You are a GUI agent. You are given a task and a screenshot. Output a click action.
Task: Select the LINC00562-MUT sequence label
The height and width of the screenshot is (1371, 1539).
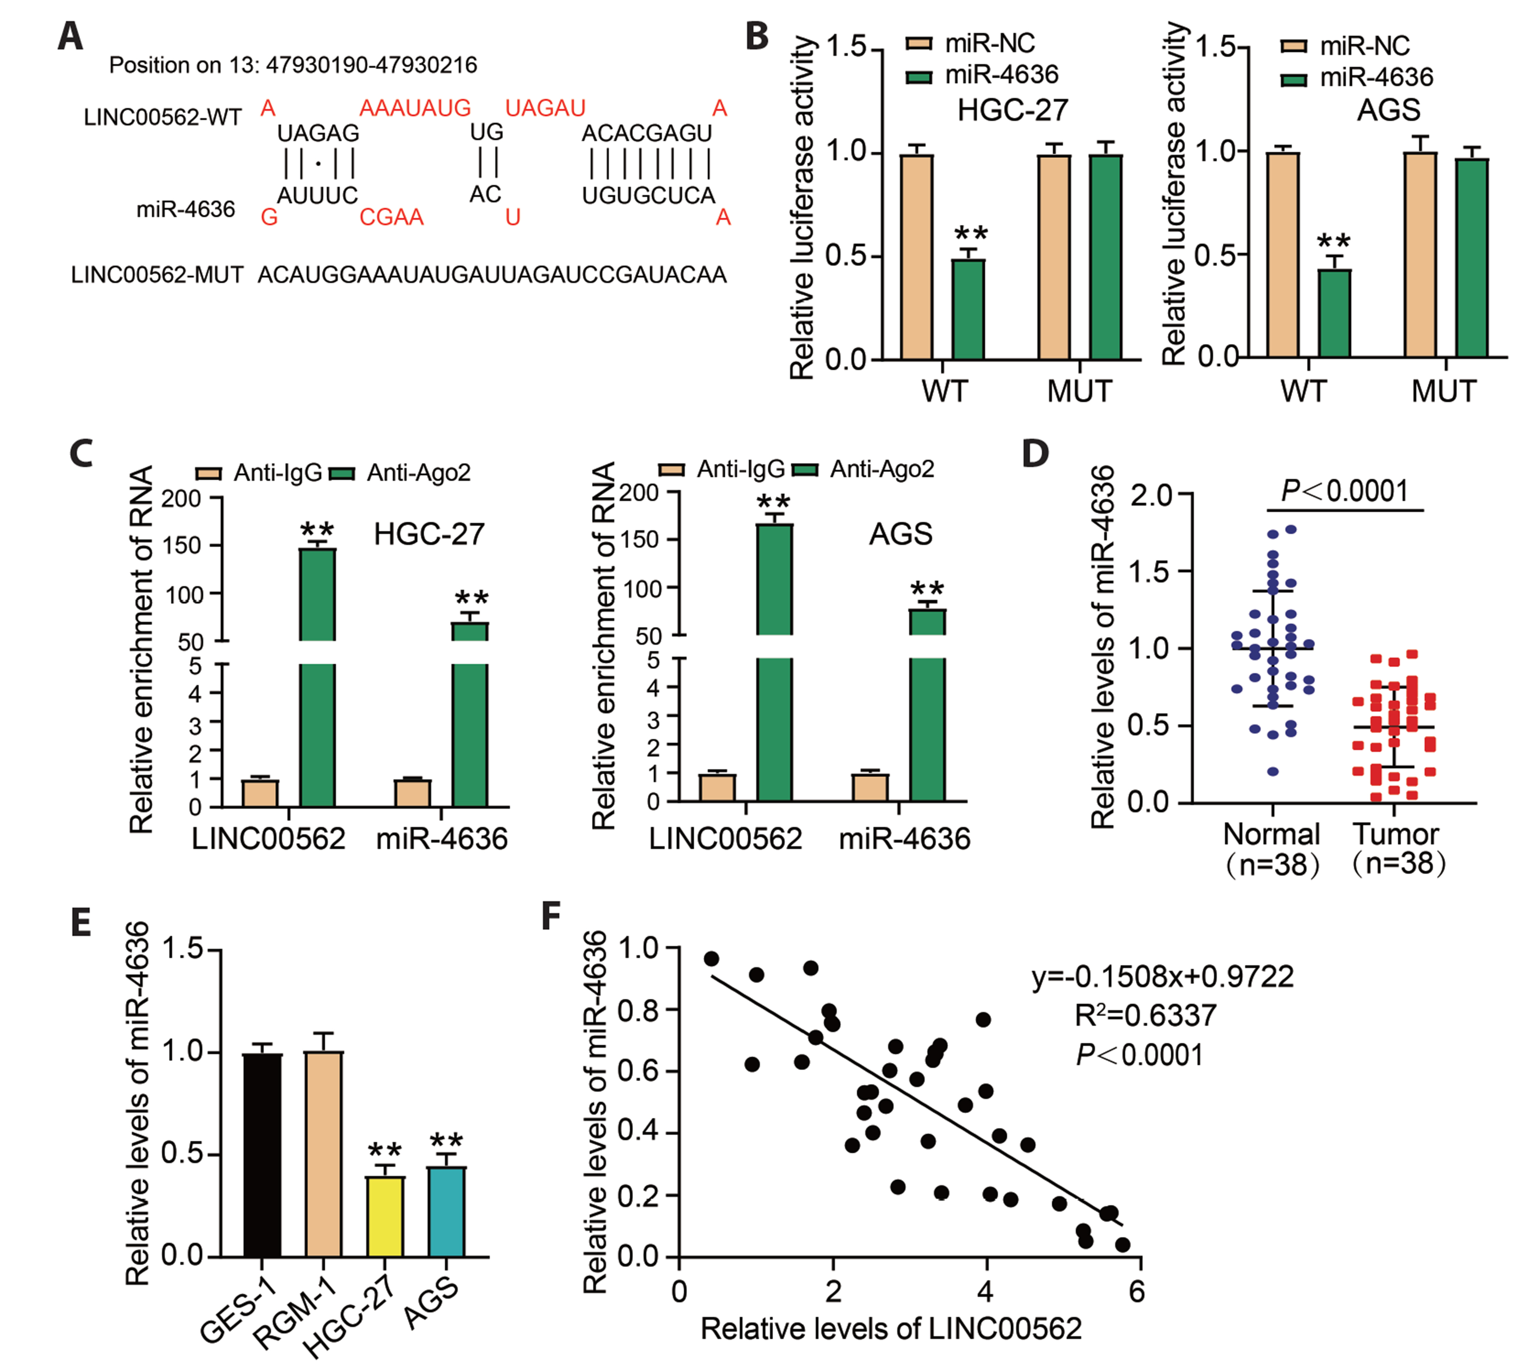tap(157, 275)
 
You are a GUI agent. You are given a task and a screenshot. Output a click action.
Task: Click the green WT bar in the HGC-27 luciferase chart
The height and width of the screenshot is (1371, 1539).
tap(968, 309)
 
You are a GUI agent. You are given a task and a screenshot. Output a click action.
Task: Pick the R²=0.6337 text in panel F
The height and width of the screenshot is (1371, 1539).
tap(1145, 1015)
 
